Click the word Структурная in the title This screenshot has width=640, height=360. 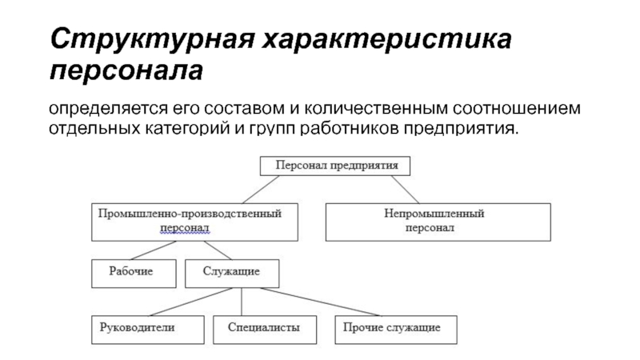click(x=152, y=39)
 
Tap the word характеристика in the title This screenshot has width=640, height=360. click(x=387, y=39)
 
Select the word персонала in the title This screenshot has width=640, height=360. click(x=126, y=71)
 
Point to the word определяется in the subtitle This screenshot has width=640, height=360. click(x=108, y=109)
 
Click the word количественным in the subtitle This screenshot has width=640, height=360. click(x=376, y=108)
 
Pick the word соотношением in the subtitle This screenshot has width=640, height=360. click(x=516, y=108)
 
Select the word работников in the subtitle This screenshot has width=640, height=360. click(x=349, y=128)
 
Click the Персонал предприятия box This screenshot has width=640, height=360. click(x=335, y=166)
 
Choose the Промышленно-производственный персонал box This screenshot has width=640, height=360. click(x=194, y=222)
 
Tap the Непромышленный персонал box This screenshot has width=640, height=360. click(x=438, y=222)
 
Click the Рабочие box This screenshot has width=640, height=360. click(x=134, y=274)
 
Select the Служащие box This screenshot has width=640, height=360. click(x=232, y=274)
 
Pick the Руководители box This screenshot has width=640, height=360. click(x=148, y=330)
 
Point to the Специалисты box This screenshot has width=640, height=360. click(x=265, y=330)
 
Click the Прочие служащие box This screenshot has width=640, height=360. click(x=396, y=330)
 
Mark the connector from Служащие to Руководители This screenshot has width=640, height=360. click(x=191, y=302)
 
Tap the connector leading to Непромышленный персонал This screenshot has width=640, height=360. click(x=406, y=190)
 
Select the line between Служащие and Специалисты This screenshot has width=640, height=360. click(x=242, y=302)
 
